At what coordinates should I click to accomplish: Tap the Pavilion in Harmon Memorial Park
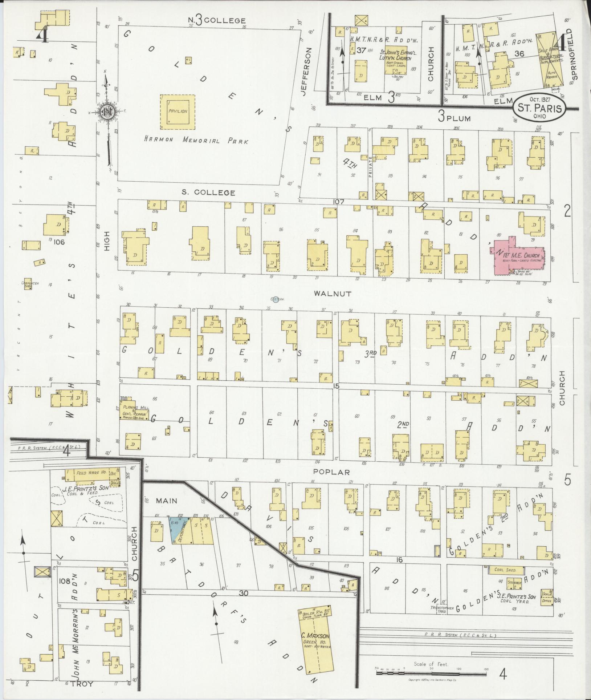(178, 112)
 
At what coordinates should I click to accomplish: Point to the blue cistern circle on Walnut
(276, 299)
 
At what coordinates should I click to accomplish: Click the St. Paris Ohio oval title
(539, 108)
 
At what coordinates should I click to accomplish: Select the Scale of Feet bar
(431, 673)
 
